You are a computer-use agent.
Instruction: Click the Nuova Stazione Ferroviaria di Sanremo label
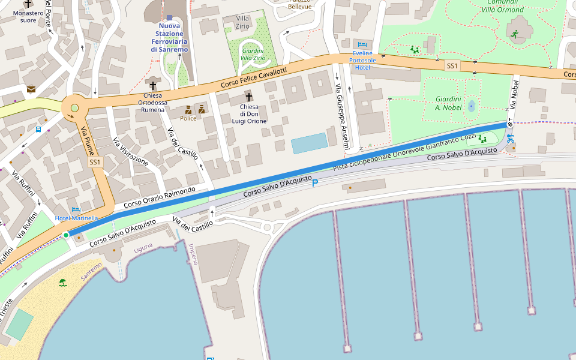(x=169, y=37)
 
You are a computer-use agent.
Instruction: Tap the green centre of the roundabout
(x=74, y=108)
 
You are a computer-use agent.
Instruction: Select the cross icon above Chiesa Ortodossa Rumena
(x=152, y=86)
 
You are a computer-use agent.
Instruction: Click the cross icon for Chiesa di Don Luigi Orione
(x=248, y=97)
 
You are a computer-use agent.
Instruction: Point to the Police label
(x=188, y=118)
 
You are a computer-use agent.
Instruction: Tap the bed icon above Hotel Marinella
(x=76, y=210)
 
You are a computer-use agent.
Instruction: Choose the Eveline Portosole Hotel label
(x=362, y=60)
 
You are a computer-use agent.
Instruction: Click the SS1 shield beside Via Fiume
(x=95, y=163)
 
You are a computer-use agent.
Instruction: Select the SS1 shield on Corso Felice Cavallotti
(x=452, y=65)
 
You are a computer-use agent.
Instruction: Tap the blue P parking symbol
(x=315, y=182)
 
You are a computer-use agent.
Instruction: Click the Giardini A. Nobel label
(x=448, y=103)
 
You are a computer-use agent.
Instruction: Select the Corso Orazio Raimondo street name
(x=160, y=197)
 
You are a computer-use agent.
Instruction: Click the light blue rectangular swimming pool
(x=310, y=143)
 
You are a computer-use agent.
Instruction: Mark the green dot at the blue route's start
(x=66, y=235)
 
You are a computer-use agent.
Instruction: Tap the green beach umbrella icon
(x=62, y=282)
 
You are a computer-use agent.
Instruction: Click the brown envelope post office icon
(x=31, y=89)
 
